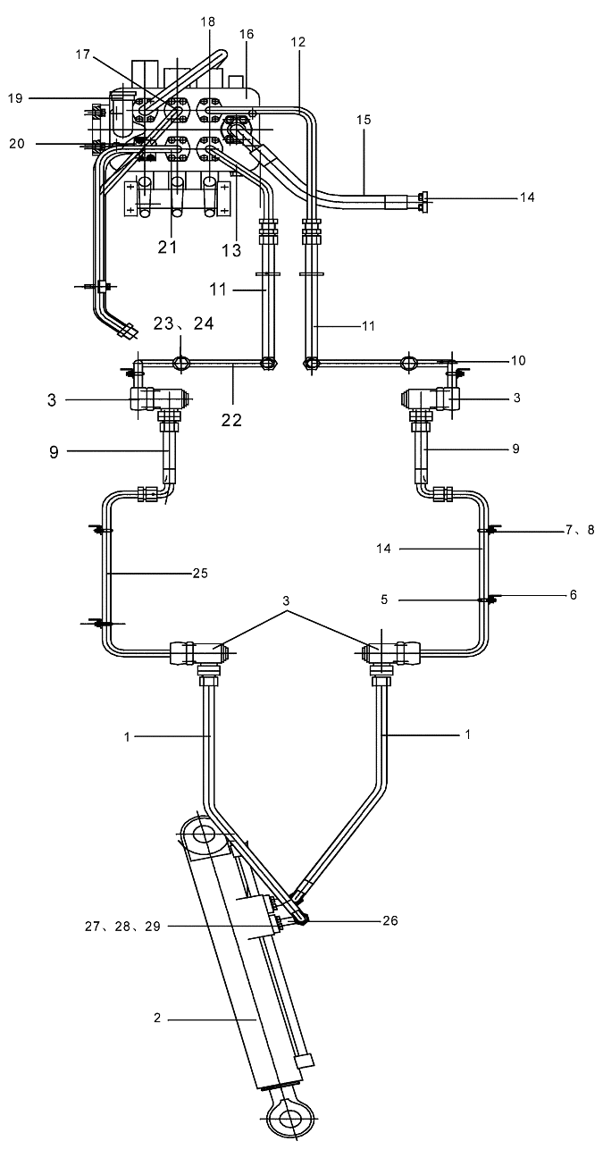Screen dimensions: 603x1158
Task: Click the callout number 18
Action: point(209,21)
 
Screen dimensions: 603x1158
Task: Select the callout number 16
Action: point(247,34)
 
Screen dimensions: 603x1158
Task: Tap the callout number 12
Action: point(298,42)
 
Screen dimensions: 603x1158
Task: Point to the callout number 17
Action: point(83,55)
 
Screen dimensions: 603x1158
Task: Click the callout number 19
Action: point(15,98)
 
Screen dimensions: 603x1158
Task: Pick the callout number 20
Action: point(17,143)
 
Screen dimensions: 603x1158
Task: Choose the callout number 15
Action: point(364,120)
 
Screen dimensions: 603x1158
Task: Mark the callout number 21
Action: point(167,247)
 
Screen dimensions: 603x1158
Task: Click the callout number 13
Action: point(231,250)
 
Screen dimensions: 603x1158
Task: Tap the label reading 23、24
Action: point(183,323)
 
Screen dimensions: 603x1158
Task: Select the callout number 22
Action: point(231,420)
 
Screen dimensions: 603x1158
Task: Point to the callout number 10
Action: point(518,360)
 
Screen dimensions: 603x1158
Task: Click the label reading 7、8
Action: point(580,530)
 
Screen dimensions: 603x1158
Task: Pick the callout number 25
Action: point(200,574)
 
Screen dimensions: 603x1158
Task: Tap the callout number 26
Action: point(390,920)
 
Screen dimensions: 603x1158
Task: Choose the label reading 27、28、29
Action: point(123,927)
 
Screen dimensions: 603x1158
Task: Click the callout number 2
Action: point(157,1018)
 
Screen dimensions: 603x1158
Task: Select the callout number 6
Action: point(573,595)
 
